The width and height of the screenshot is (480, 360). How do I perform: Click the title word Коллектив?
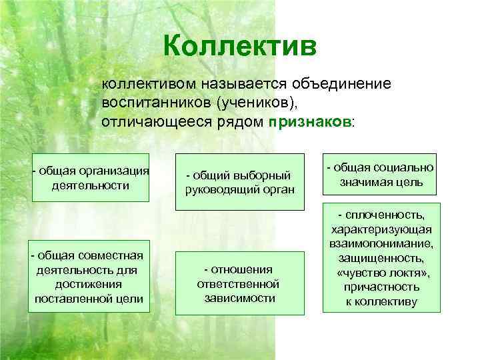tap(239, 47)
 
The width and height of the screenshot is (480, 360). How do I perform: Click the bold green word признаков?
tap(310, 123)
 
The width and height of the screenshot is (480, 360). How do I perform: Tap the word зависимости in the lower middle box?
tap(239, 298)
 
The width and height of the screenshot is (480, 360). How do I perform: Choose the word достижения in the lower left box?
tap(89, 284)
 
